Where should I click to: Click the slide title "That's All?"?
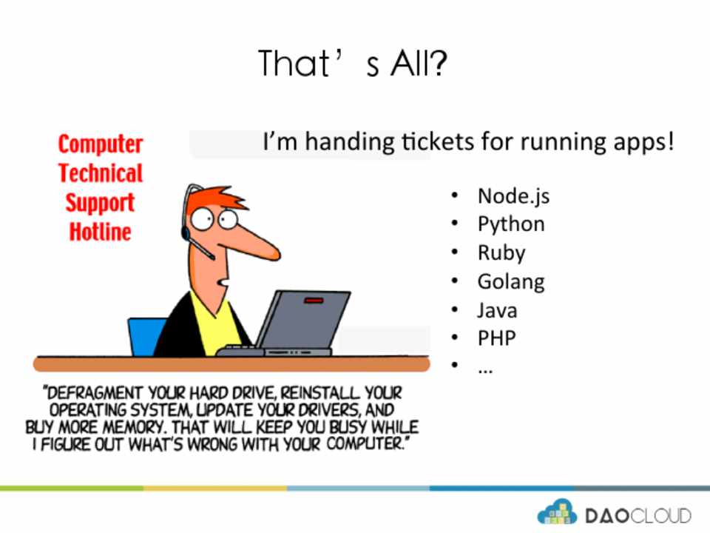[x=353, y=63]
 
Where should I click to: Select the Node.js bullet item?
[x=513, y=196]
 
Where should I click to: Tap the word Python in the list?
[x=511, y=224]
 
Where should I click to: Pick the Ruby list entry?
[x=501, y=253]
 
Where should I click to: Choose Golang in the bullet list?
[x=511, y=282]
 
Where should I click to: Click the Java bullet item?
[x=497, y=310]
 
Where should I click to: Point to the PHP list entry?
[x=497, y=338]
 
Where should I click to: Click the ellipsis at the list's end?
[x=485, y=370]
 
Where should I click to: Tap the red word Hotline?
[x=100, y=231]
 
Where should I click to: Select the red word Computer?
[x=101, y=144]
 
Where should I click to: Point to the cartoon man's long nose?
[x=254, y=239]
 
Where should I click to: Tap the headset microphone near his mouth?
[x=201, y=247]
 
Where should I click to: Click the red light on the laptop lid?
[x=314, y=300]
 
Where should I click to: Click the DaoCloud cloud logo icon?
[x=557, y=512]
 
